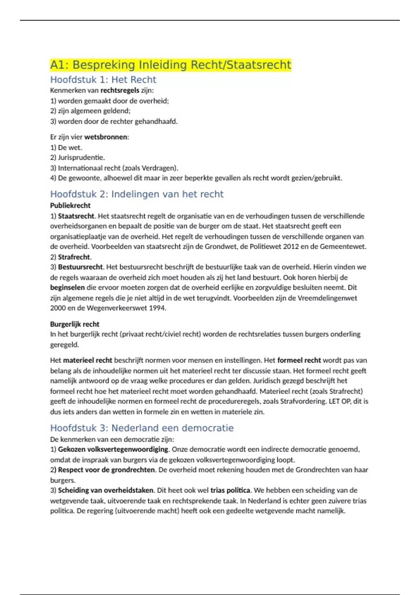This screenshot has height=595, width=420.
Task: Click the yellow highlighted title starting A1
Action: [170, 65]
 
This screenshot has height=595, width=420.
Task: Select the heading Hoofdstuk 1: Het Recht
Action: [103, 79]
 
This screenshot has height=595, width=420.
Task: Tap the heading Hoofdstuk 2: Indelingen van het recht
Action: [136, 194]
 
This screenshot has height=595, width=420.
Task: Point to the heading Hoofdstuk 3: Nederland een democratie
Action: [142, 428]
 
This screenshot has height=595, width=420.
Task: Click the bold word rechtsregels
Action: [120, 90]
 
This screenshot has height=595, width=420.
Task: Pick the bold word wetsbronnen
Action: [106, 137]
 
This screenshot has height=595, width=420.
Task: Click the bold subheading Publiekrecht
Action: [70, 205]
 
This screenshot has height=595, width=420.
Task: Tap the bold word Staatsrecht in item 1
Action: [76, 216]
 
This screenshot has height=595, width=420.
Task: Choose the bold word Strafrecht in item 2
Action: [74, 257]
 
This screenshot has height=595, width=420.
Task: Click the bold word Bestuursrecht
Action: [80, 267]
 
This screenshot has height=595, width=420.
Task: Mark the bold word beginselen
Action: [67, 287]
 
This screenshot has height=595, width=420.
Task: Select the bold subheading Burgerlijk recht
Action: [75, 324]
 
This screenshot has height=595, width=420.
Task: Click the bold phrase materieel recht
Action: [87, 360]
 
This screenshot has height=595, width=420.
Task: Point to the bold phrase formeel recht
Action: [299, 360]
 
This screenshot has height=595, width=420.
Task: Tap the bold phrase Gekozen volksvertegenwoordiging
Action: [113, 449]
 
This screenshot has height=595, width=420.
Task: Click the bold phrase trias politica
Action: [230, 490]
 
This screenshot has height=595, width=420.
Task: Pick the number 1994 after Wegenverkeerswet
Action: [157, 308]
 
